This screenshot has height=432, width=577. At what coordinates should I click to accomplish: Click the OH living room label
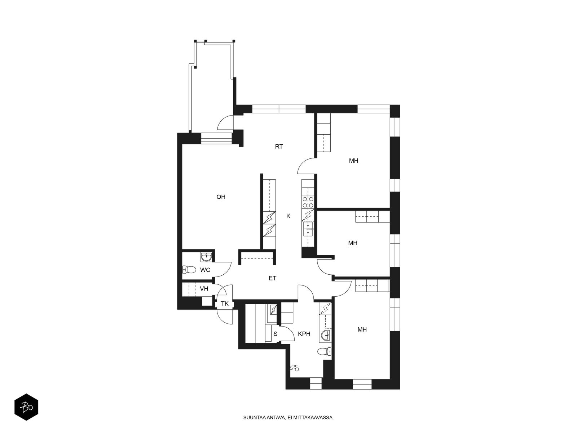(221, 197)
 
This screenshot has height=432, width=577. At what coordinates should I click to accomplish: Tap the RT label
(279, 147)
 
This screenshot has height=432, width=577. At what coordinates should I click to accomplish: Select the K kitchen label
(288, 216)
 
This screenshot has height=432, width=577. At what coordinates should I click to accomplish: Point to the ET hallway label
(272, 278)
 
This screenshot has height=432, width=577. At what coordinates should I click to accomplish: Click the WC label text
(205, 270)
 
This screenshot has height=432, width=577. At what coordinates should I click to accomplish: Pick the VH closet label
(204, 289)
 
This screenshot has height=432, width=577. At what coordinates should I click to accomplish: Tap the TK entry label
(225, 304)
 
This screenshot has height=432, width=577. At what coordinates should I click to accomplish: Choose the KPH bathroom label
(304, 334)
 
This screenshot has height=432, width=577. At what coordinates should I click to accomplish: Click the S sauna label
(276, 334)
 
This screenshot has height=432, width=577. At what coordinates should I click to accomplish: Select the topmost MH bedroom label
(353, 161)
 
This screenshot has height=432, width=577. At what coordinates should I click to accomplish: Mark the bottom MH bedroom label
(362, 330)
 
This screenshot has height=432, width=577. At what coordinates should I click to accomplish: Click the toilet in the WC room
(189, 269)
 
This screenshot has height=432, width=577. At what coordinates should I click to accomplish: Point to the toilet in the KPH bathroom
(324, 351)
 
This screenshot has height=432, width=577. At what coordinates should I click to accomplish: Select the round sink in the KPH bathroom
(325, 335)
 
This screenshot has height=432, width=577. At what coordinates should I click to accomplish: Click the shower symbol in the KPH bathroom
(295, 368)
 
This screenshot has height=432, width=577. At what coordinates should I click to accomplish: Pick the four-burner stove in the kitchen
(308, 202)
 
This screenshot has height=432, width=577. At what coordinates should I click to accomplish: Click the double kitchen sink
(308, 229)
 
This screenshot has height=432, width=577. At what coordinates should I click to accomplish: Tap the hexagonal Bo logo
(26, 407)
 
